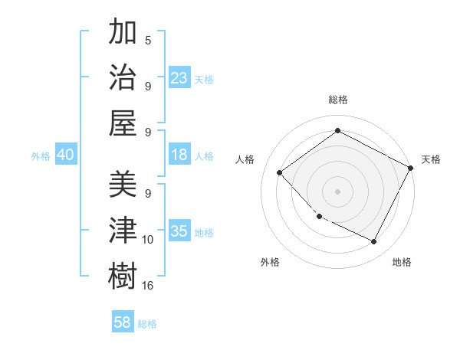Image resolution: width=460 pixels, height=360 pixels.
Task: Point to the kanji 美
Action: [x=123, y=184]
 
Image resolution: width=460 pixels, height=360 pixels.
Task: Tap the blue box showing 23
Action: [x=179, y=77]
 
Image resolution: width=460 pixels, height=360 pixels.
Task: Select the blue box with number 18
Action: [x=179, y=155]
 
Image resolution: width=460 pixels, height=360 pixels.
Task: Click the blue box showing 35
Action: [x=179, y=232]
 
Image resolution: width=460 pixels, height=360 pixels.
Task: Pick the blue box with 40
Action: [x=65, y=155]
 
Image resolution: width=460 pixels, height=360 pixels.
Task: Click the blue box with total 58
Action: [x=123, y=322]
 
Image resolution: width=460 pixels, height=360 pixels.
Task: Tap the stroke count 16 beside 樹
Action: [x=148, y=285]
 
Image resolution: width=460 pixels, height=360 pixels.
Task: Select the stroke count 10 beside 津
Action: [x=148, y=240]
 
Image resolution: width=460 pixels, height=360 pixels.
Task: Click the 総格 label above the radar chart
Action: [x=338, y=100]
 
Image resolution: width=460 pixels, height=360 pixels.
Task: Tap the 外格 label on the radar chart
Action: [x=270, y=262]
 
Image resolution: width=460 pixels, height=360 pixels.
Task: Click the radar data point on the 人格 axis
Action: [x=280, y=172]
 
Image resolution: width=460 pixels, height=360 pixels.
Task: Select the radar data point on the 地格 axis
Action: [x=373, y=241]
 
